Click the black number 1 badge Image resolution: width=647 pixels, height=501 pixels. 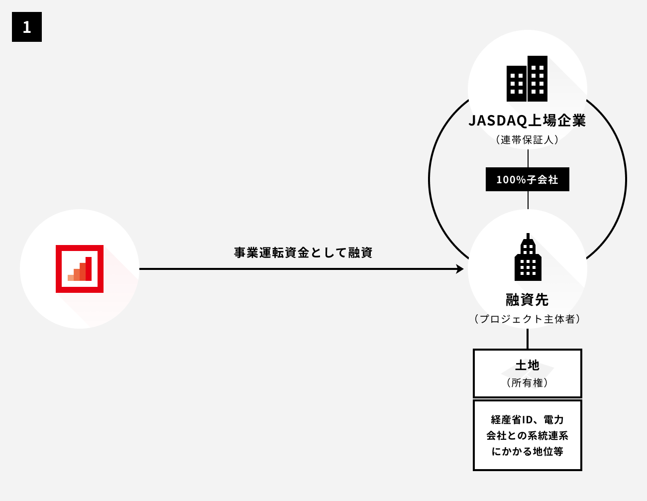coord(27,27)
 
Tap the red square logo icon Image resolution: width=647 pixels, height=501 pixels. coord(80,269)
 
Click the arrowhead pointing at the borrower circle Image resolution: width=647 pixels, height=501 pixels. coord(460,269)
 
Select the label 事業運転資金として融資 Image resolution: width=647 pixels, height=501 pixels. coord(303,252)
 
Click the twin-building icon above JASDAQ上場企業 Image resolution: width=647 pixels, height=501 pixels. coord(527,79)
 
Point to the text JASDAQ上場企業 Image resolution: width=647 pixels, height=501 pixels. coord(527,121)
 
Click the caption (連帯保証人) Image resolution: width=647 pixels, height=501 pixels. coord(527,140)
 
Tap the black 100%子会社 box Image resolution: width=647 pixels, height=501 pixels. coord(527,179)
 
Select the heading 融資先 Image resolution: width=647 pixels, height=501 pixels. coord(527,300)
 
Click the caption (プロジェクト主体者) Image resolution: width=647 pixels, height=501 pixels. coord(527,319)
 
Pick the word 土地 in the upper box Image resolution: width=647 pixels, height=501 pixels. coord(527,366)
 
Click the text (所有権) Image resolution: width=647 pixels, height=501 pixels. coord(527,382)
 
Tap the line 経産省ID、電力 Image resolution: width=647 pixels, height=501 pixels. coord(527,419)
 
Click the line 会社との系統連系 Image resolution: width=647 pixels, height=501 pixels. coord(527,435)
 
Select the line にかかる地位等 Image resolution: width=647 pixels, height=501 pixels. coord(527,451)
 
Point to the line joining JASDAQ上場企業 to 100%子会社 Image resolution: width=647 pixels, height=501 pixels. coord(528,157)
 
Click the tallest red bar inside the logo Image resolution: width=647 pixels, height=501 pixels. coord(89,269)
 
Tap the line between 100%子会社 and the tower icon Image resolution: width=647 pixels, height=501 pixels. coord(528,200)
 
